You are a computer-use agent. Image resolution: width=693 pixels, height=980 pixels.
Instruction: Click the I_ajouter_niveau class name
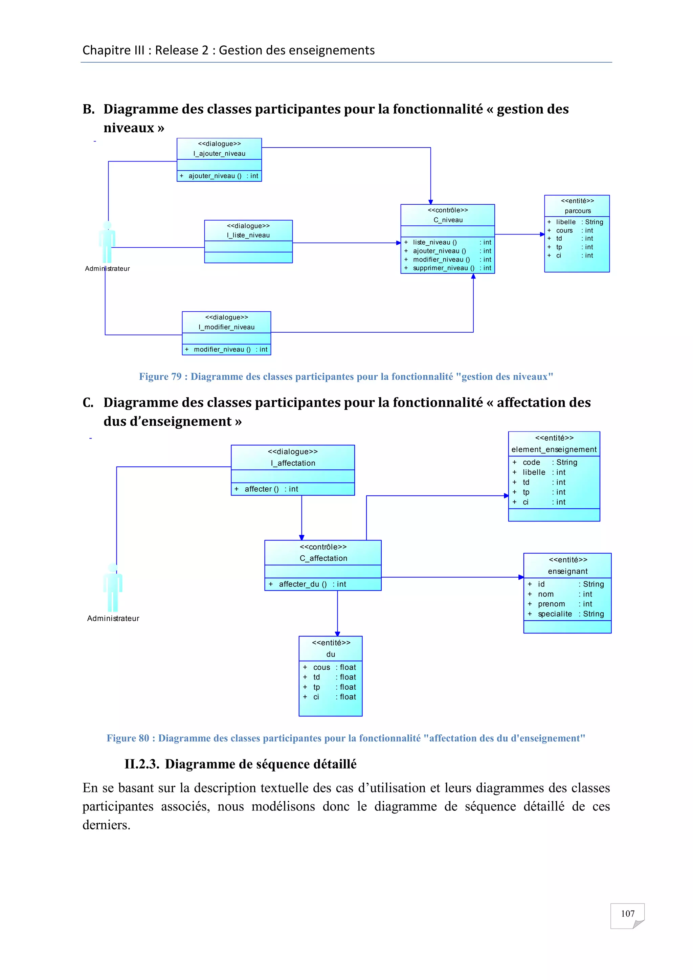point(219,154)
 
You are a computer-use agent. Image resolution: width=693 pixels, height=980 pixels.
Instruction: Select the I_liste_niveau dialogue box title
point(248,235)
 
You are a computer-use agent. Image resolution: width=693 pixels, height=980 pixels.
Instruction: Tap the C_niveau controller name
point(448,220)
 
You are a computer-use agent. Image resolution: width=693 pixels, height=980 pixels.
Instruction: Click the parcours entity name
point(577,211)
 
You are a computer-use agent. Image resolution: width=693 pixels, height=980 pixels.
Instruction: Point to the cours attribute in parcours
point(564,230)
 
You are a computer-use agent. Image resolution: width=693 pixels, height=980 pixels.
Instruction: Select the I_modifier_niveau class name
point(227,327)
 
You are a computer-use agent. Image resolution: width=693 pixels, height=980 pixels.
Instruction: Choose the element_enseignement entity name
point(554,449)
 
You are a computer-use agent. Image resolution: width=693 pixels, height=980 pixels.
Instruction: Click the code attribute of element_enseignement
point(531,462)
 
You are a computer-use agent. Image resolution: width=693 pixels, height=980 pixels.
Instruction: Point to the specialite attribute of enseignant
point(555,614)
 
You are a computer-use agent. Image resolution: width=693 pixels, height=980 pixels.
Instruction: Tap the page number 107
point(627,914)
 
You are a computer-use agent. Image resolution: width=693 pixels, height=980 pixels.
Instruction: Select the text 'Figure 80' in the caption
point(128,738)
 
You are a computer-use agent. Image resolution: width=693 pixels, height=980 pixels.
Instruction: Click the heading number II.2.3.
point(142,764)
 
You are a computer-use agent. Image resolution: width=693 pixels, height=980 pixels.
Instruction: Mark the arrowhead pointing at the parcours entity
point(542,234)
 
